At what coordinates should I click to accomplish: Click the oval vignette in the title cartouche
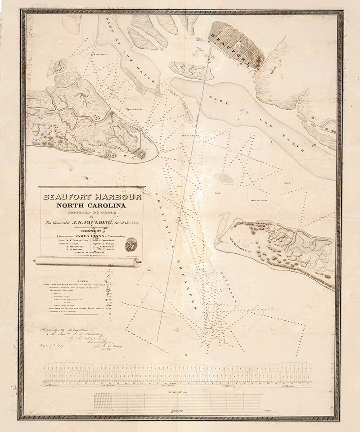point(131,244)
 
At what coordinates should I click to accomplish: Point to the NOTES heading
point(82,281)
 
